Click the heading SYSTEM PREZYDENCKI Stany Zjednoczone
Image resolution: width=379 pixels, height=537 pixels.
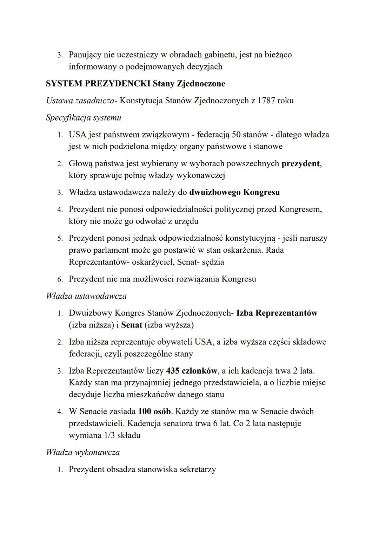135,84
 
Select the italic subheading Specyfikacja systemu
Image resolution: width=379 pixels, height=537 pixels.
84,117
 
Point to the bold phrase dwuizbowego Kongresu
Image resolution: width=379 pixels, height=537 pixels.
234,192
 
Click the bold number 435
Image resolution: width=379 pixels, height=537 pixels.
173,371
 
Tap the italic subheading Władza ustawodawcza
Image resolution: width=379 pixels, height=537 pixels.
86,296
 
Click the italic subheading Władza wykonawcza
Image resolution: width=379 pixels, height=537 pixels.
83,452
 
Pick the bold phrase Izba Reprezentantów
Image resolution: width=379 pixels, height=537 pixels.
277,313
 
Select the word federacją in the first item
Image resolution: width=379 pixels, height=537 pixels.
213,135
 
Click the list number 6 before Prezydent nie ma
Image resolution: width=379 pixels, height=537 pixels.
60,279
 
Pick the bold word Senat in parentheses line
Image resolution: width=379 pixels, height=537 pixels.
132,325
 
